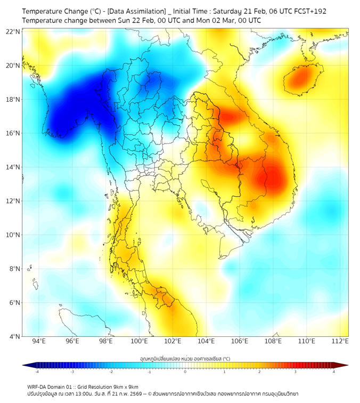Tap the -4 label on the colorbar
[36, 372]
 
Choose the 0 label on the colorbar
[185, 372]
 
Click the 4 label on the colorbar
[334, 372]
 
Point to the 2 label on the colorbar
[259, 372]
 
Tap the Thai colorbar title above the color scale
[185, 358]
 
